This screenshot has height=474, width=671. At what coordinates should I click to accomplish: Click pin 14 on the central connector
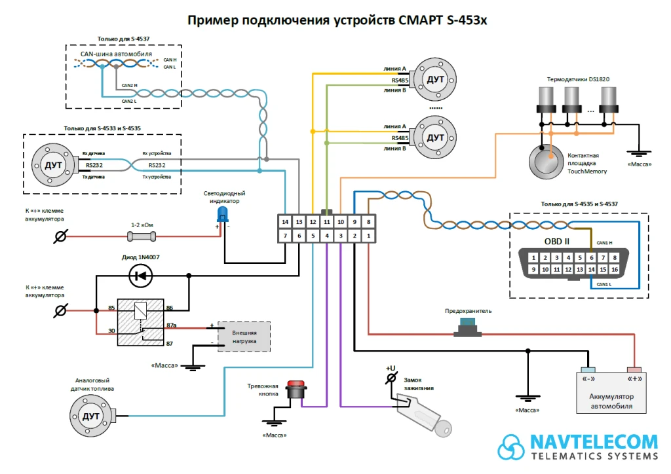pyautogui.click(x=284, y=222)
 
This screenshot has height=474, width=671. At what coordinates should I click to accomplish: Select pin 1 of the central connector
pyautogui.click(x=369, y=236)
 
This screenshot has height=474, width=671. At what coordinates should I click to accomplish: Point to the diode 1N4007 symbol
pyautogui.click(x=140, y=276)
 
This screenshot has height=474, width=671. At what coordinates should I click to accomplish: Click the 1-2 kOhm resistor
pyautogui.click(x=142, y=235)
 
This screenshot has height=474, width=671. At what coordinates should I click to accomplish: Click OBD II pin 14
pyautogui.click(x=591, y=269)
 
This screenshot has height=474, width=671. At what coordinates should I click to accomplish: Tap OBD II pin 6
pyautogui.click(x=591, y=257)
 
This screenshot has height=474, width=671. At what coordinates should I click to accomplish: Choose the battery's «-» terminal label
pyautogui.click(x=588, y=379)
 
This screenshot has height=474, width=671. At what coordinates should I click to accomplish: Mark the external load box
pyautogui.click(x=244, y=337)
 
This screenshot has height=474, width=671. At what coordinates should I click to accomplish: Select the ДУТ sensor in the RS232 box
pyautogui.click(x=53, y=165)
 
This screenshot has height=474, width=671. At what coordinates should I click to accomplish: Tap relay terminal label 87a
pyautogui.click(x=172, y=325)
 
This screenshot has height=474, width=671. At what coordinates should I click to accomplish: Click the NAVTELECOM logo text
pyautogui.click(x=594, y=442)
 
